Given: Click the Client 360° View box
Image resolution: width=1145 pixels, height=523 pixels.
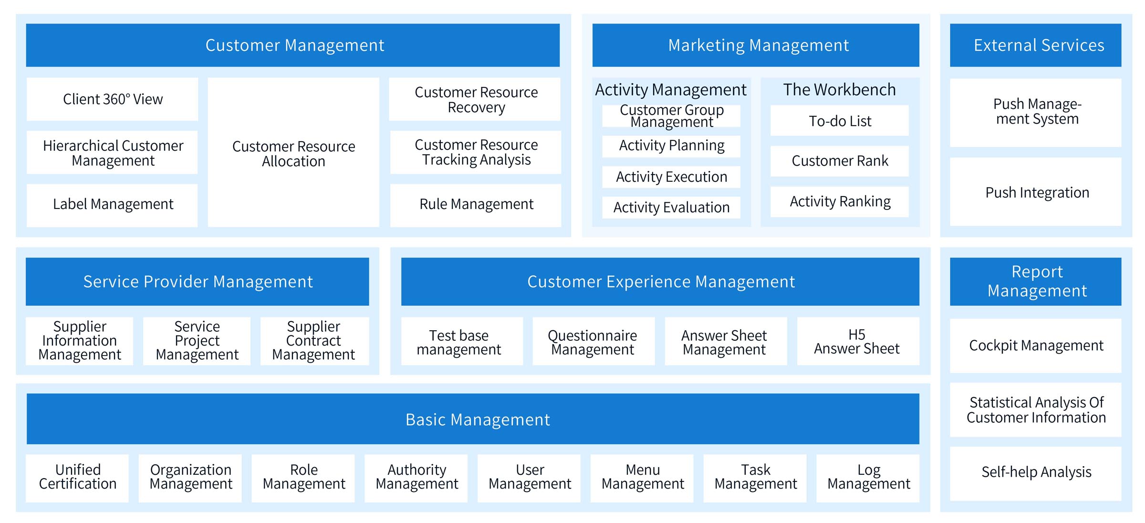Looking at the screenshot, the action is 112,99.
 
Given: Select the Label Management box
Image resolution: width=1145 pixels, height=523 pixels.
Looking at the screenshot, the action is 112,205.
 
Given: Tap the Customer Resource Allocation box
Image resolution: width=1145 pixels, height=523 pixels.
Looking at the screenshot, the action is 293,153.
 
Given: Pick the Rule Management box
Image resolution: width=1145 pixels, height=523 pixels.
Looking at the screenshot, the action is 476,205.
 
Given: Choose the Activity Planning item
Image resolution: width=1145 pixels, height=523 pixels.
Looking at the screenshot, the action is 671,146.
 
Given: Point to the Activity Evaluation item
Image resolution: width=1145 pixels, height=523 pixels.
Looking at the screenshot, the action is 671,208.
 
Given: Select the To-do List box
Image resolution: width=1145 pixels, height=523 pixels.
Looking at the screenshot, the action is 840,121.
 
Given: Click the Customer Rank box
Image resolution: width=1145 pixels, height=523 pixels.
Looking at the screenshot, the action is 840,161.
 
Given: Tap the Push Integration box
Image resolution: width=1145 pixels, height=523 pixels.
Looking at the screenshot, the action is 1036,192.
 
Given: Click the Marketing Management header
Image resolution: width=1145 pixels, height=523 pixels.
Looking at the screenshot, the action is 756,45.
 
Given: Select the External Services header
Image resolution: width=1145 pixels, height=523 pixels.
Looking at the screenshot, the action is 1036,45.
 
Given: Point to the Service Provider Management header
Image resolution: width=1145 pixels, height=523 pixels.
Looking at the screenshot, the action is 198,282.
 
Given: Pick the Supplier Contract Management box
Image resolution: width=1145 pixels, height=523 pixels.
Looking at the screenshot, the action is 314,341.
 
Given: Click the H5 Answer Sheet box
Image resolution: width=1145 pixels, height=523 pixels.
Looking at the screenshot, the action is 858,341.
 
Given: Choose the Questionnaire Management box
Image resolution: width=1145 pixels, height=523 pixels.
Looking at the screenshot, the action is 593,341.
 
